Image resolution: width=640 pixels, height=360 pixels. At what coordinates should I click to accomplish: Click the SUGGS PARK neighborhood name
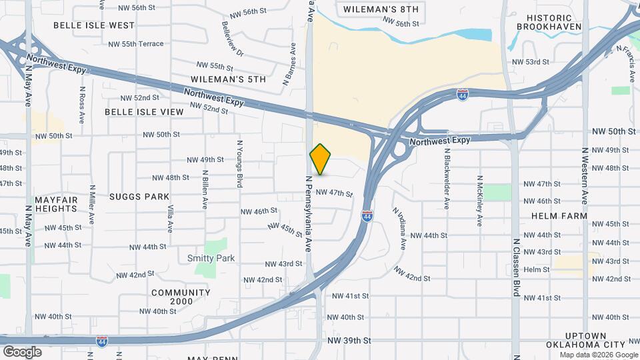[140, 197]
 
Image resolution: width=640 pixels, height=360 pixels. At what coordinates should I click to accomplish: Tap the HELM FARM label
[559, 216]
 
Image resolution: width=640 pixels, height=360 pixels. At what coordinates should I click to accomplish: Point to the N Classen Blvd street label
[516, 267]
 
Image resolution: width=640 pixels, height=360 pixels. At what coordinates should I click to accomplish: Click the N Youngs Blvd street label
[238, 163]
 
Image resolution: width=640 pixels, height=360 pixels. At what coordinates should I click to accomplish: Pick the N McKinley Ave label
[479, 201]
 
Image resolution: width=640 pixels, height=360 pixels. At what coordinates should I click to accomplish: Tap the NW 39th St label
[349, 341]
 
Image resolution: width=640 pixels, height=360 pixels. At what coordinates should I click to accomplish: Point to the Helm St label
[536, 269]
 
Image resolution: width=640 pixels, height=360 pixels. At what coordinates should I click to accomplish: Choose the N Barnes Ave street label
[289, 64]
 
